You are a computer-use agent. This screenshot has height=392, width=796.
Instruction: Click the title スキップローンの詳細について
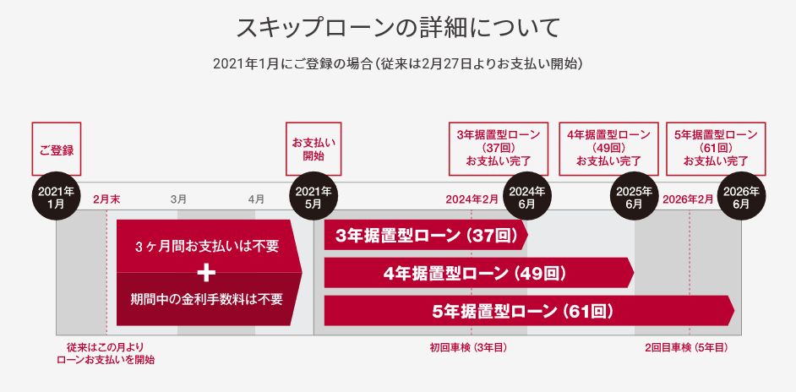tap(398, 27)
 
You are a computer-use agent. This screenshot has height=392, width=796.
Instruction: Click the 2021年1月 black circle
tap(57, 197)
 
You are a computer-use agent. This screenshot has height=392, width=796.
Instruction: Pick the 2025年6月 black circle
tap(635, 197)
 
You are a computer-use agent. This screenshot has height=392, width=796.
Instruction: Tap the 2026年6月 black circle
tap(741, 197)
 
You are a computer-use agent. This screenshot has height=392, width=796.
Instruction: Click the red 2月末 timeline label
tap(106, 199)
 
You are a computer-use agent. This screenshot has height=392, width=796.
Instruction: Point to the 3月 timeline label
tap(178, 199)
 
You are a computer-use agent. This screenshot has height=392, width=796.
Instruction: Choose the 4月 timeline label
tap(256, 199)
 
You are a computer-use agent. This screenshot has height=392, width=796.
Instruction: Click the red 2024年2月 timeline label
tap(472, 199)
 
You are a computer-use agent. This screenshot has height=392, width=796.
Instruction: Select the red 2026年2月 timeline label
tap(688, 199)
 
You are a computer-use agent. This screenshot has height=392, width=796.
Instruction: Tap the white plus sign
tap(206, 273)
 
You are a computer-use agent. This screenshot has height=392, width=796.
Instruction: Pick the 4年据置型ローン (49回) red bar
tap(478, 273)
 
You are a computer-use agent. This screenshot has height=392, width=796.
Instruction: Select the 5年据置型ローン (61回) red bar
tap(528, 310)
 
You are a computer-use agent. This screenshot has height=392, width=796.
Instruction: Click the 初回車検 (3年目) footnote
tap(467, 347)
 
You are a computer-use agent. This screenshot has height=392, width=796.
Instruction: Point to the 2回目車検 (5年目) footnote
tap(686, 347)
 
